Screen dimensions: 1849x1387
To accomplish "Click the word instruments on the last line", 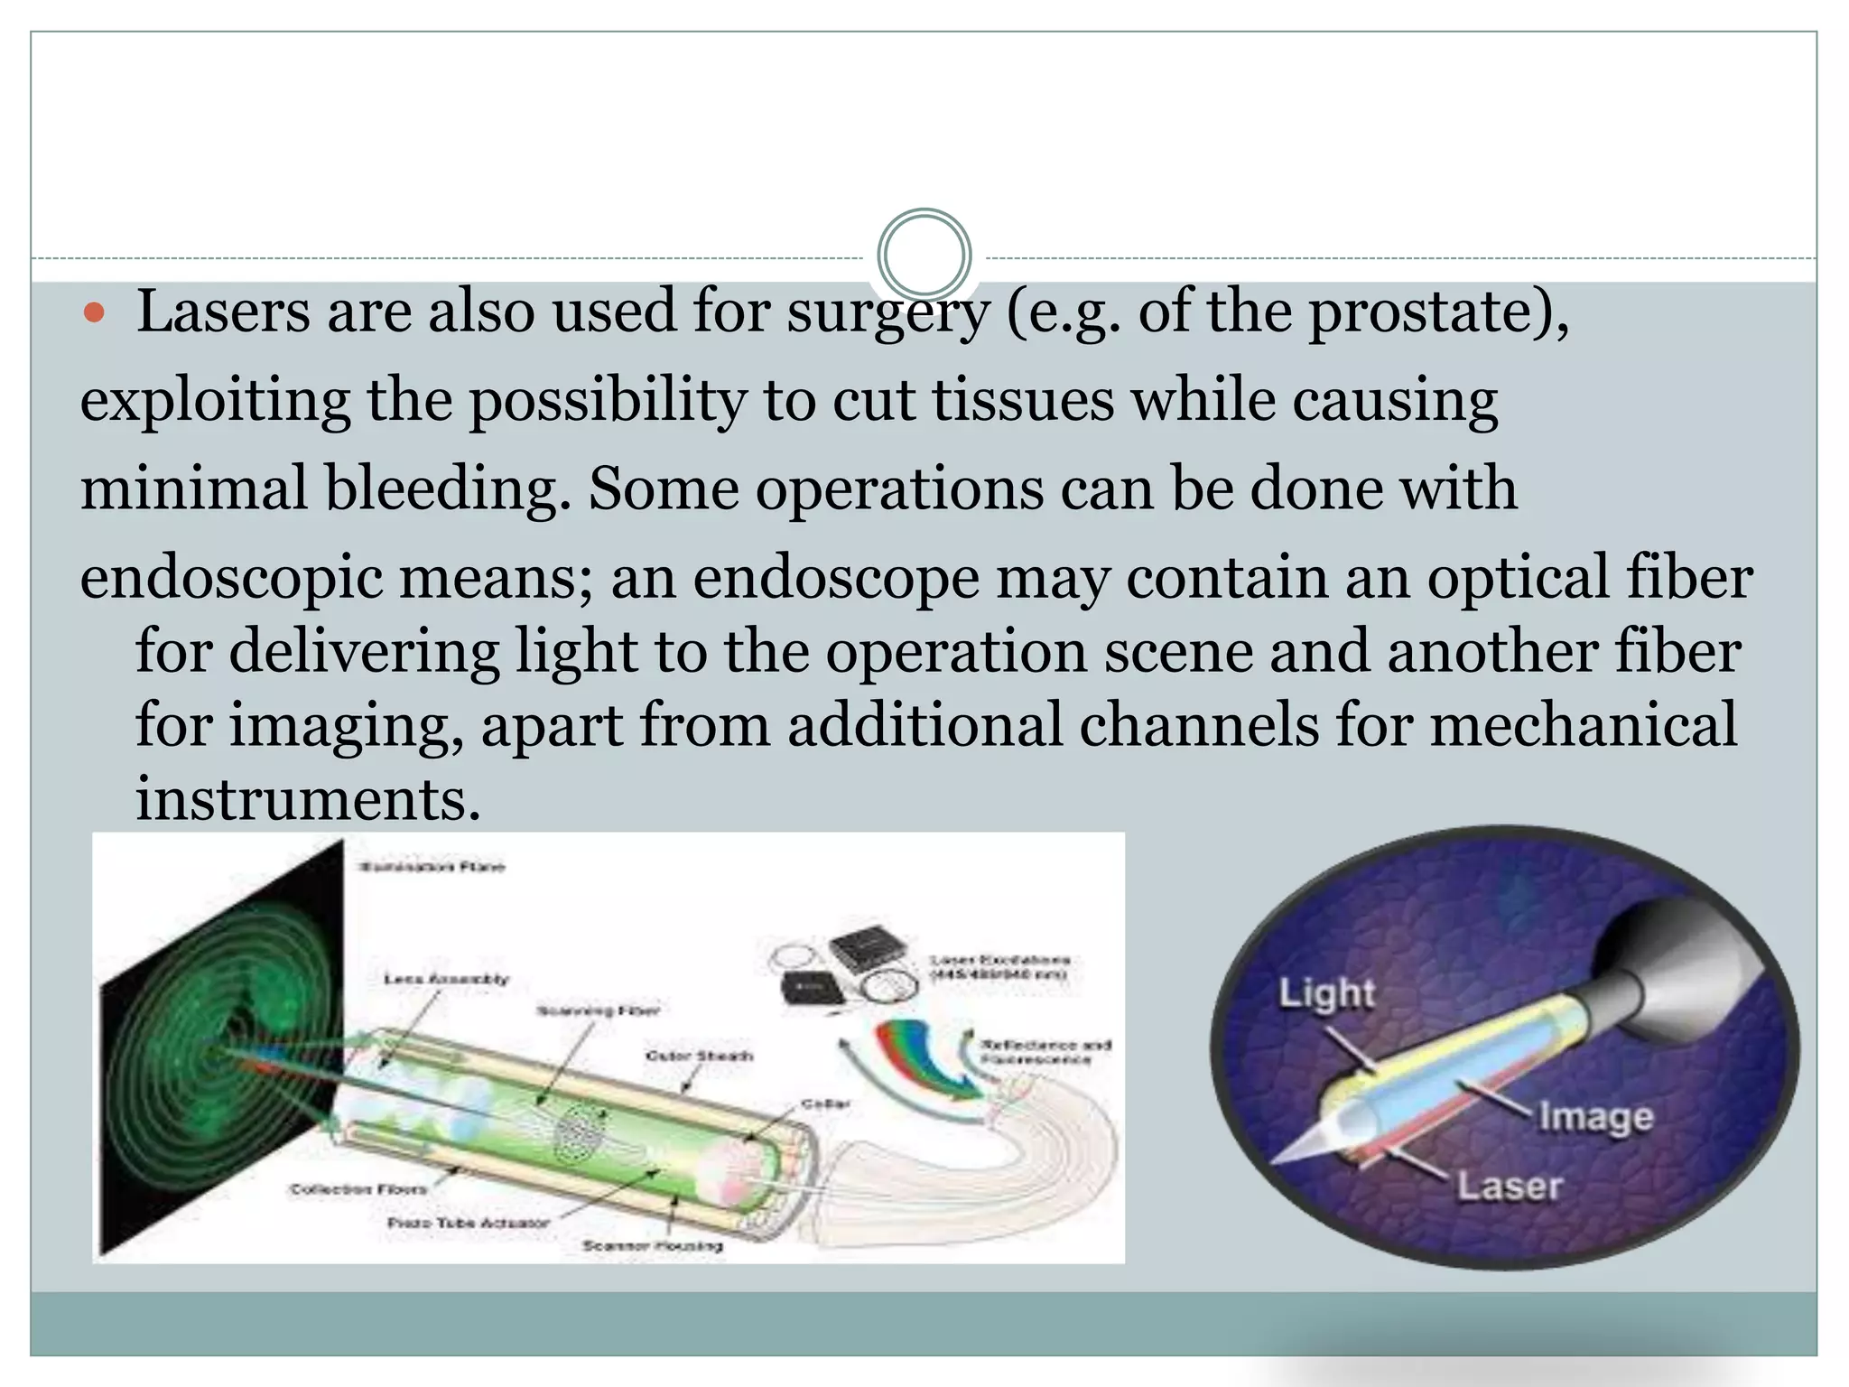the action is point(307,799).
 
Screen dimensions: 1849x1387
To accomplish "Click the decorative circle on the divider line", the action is point(924,255).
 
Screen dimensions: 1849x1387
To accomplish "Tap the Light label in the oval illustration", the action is point(1326,993).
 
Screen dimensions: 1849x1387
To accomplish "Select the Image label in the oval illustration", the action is point(1595,1117).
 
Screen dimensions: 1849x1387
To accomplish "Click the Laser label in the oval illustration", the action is point(1510,1186).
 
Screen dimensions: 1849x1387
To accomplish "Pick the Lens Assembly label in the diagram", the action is point(446,979).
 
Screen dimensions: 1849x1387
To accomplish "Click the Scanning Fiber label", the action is point(598,1010).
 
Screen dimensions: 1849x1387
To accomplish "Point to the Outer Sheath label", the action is point(699,1056).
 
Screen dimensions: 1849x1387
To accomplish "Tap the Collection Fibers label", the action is point(358,1189).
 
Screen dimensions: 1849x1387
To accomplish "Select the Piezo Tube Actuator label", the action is point(468,1223).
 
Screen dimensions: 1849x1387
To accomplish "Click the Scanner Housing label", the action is point(652,1246).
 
